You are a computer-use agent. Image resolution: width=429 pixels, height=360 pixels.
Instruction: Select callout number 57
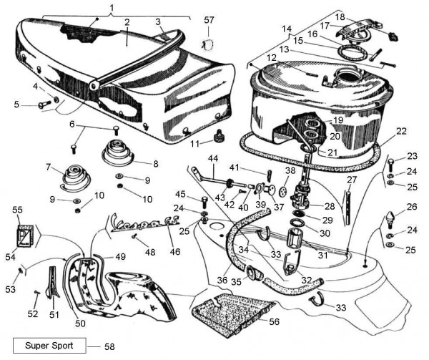(209, 19)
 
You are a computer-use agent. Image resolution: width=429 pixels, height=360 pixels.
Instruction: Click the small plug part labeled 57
(209, 44)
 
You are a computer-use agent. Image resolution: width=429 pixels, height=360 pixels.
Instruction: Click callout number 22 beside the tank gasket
(401, 131)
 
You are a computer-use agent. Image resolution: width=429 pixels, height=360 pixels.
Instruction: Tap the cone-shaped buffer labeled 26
(392, 217)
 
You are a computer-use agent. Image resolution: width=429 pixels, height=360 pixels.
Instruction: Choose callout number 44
(212, 157)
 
